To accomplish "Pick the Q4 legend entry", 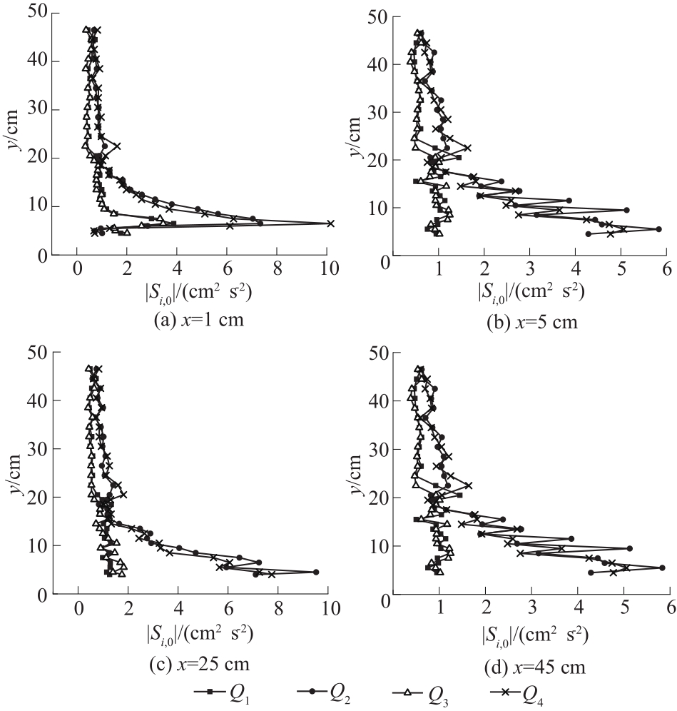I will (518, 693).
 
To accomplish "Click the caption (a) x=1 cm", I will (199, 320).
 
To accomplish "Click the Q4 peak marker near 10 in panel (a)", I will (330, 223).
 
